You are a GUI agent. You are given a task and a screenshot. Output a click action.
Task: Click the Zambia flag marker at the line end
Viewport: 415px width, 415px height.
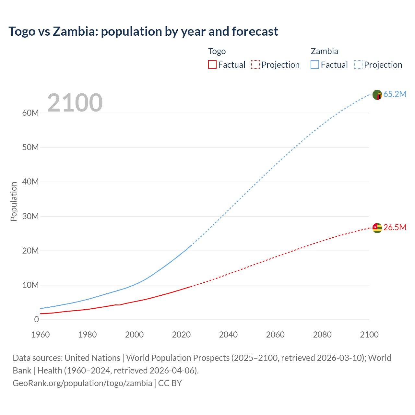click(377, 95)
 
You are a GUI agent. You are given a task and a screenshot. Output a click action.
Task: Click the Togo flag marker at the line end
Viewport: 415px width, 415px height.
click(377, 228)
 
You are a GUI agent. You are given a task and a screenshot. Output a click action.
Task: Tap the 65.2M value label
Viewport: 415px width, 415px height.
click(395, 94)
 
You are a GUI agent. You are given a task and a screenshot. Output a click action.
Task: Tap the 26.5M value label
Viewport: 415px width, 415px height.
click(395, 227)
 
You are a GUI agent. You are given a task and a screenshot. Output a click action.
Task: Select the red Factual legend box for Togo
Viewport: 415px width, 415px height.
click(212, 65)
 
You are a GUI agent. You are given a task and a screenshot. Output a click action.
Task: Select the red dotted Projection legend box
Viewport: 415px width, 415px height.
click(255, 65)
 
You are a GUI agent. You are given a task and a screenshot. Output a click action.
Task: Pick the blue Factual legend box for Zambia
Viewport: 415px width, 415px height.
click(315, 65)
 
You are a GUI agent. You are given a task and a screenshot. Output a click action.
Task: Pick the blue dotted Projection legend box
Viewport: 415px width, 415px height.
click(358, 65)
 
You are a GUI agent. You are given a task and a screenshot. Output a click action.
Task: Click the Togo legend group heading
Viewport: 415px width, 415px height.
click(217, 51)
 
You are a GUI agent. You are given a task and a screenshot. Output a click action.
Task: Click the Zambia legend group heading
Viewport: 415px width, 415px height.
click(324, 51)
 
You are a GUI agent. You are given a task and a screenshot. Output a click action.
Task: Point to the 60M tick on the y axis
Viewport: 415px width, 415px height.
click(30, 113)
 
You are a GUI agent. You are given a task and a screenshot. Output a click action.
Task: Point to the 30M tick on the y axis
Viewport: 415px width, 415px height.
click(30, 216)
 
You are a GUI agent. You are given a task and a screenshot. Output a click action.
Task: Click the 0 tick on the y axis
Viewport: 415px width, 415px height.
click(36, 319)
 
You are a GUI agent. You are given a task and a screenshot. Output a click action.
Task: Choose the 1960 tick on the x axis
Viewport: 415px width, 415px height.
click(41, 335)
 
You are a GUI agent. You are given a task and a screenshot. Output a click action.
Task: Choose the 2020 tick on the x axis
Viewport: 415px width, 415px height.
click(181, 335)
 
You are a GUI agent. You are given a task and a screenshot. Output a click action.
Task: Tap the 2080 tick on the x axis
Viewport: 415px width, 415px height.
click(322, 335)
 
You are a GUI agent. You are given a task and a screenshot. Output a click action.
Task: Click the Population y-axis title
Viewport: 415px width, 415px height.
click(14, 201)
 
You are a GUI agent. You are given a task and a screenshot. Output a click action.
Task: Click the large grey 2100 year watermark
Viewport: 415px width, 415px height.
click(75, 103)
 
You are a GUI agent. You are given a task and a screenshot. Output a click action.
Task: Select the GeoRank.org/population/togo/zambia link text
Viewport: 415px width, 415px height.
click(82, 383)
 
